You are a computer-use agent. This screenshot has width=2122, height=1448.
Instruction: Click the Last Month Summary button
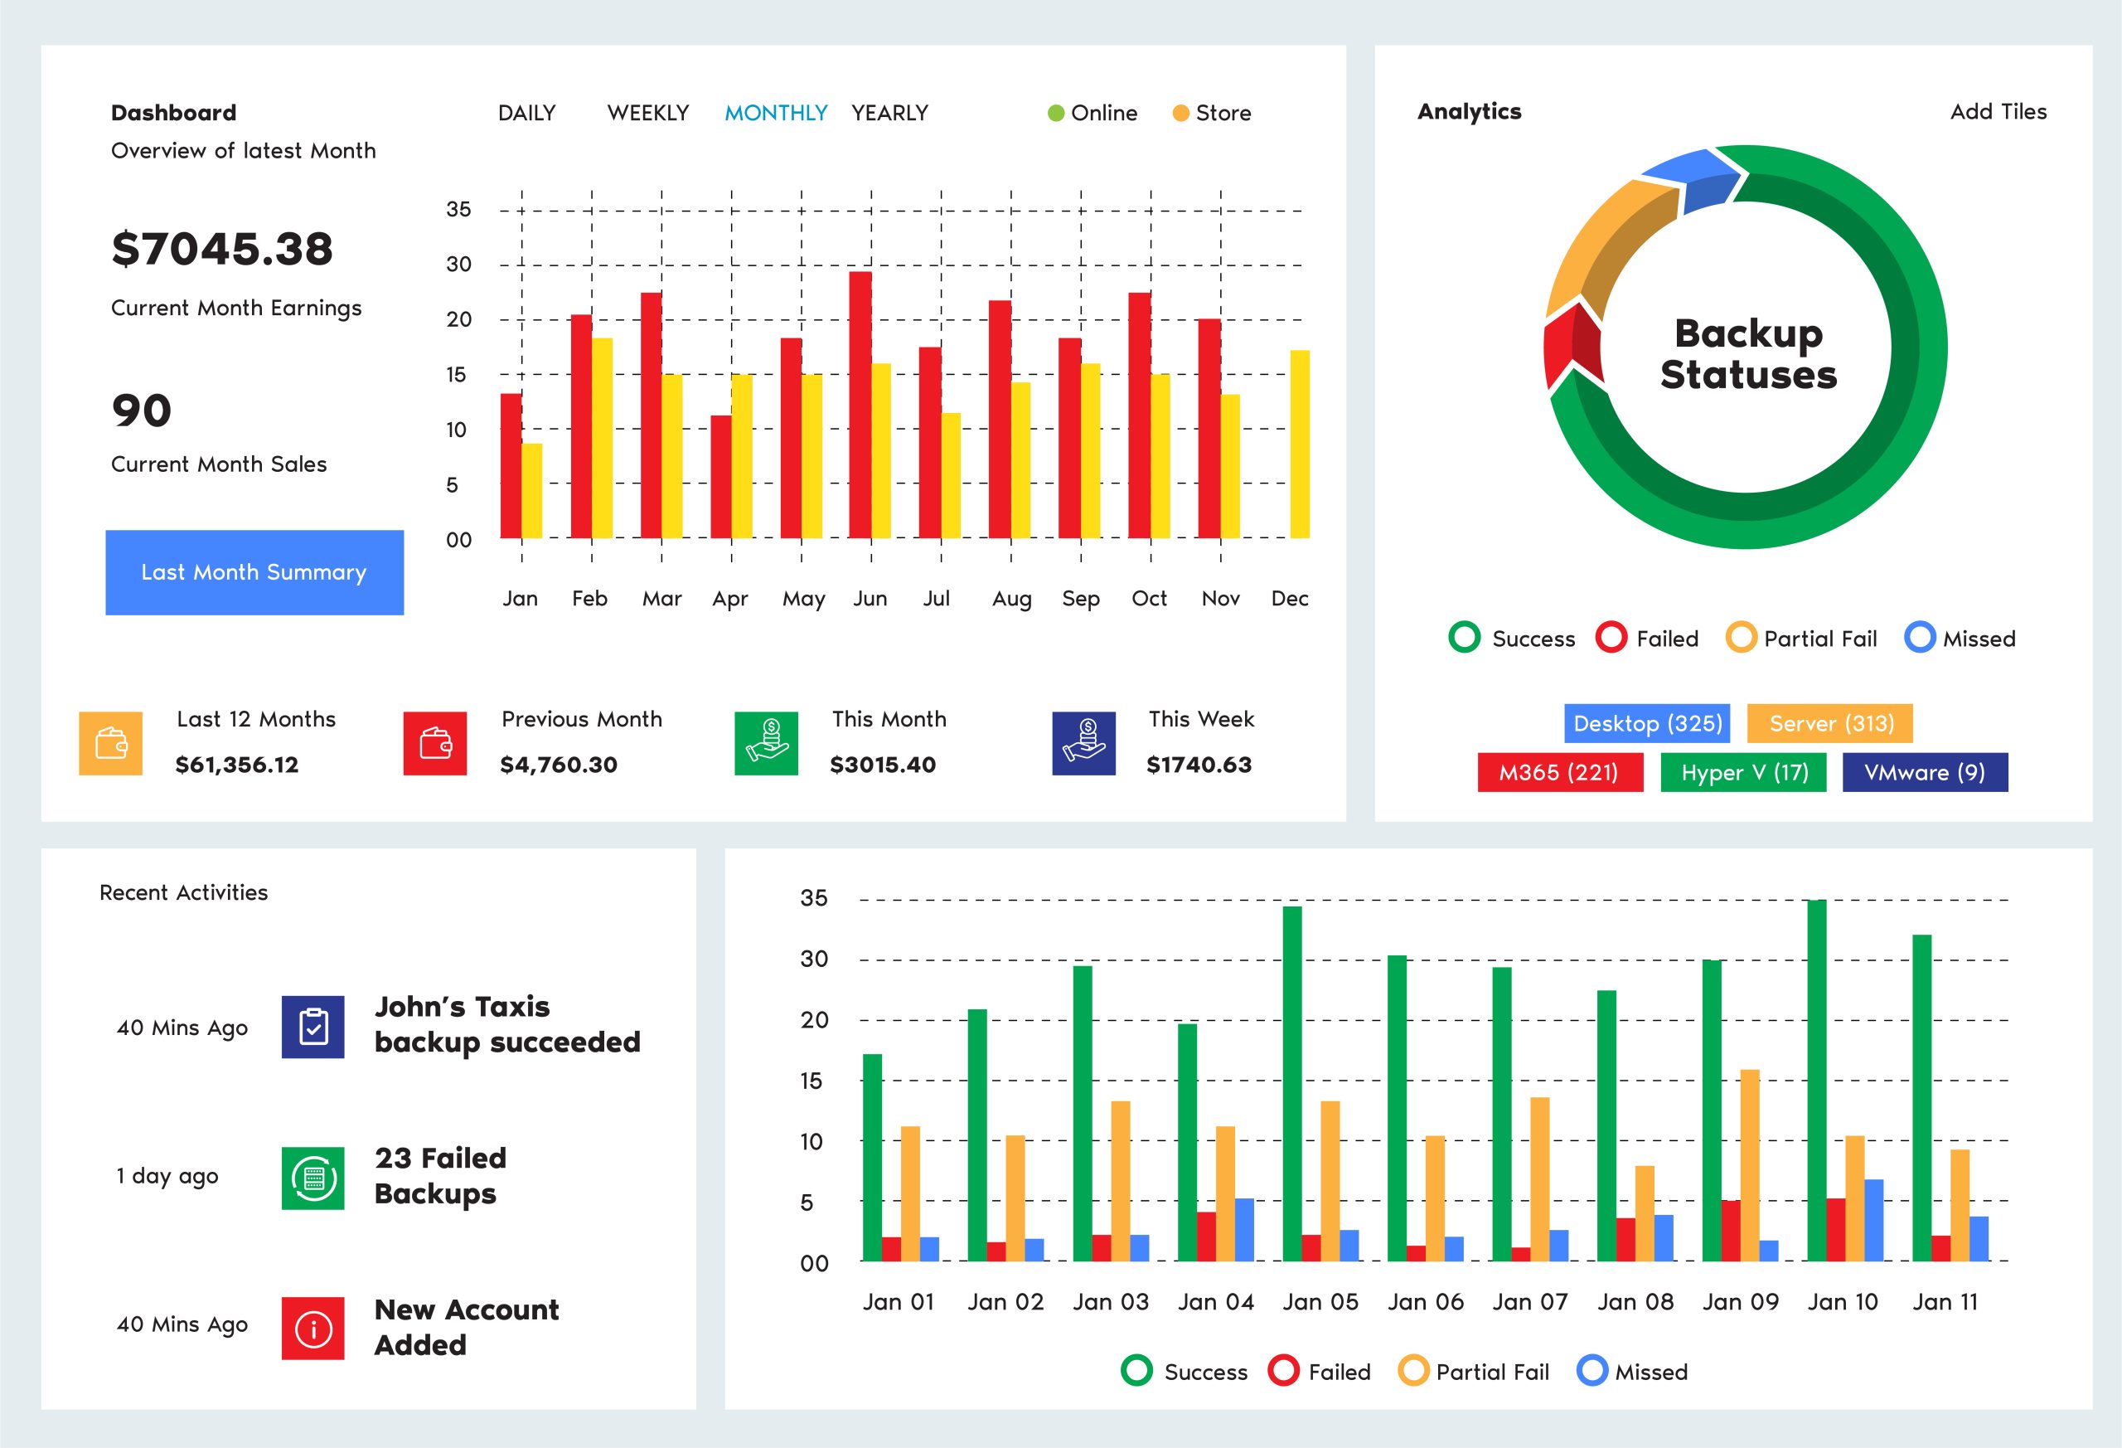254,572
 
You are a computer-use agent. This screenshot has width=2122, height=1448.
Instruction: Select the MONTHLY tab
775,114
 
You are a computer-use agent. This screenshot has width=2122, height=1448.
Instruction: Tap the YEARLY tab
889,114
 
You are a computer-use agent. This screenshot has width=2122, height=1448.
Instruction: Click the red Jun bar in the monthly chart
860,405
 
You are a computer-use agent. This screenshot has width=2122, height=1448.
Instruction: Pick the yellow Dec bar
1300,444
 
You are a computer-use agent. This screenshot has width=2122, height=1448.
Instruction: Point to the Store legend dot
1180,114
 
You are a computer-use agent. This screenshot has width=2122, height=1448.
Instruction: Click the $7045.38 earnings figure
222,250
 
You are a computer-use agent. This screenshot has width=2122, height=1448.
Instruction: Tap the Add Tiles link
1998,111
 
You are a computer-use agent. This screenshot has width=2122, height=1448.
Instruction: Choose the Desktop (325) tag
1647,723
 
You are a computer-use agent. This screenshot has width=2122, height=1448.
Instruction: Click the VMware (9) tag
1924,772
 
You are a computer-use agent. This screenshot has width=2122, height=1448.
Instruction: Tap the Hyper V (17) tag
1743,772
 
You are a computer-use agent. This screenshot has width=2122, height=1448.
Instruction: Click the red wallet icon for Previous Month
434,744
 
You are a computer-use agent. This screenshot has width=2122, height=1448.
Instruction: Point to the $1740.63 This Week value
1198,765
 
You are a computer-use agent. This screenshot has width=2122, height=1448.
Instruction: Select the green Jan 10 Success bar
1816,1080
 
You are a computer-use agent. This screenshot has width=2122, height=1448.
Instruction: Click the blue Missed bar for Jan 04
1243,1229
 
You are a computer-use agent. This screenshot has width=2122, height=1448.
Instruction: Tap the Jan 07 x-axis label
1529,1302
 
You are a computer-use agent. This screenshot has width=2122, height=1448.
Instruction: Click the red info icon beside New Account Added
313,1329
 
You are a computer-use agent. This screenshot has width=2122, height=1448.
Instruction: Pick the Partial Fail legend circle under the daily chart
1412,1371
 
